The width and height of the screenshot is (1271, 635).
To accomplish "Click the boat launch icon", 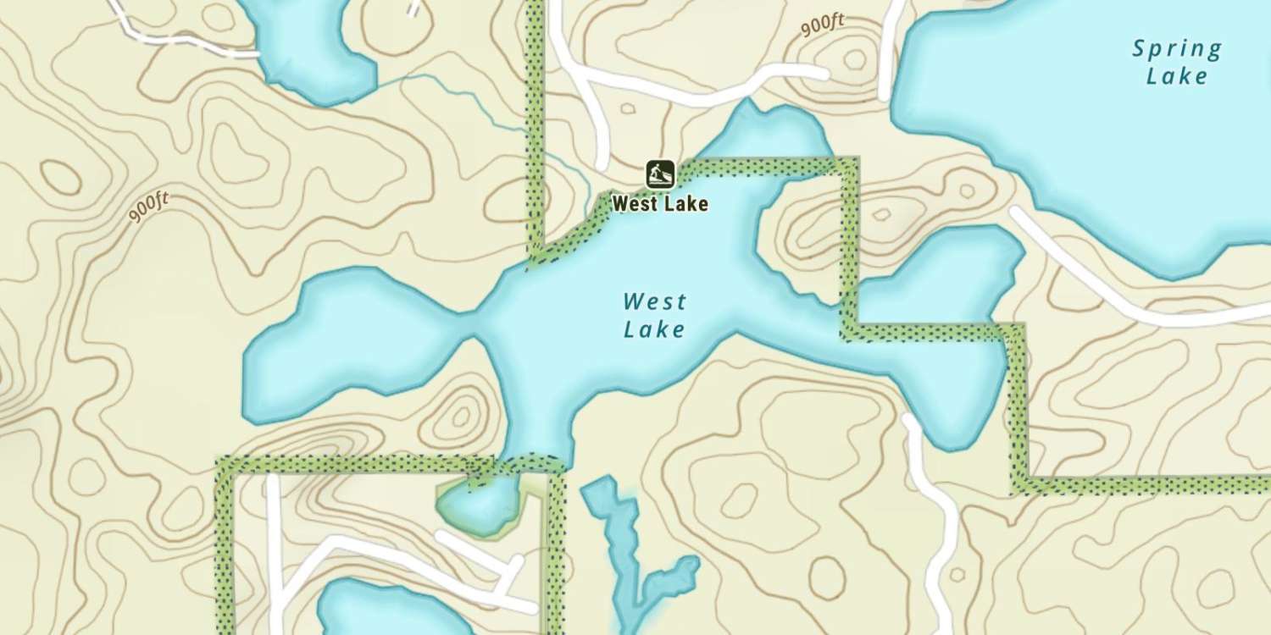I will (x=659, y=174).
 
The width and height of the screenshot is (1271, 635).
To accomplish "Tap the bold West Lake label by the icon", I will (x=659, y=204).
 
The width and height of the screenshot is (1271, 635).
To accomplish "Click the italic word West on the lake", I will (x=654, y=302).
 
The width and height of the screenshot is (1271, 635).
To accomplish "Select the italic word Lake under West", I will (x=654, y=329).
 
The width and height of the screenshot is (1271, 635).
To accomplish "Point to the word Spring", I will (x=1177, y=49).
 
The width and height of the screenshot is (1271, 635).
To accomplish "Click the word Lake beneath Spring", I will (x=1177, y=76).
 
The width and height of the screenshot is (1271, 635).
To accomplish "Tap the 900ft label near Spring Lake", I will (x=823, y=26).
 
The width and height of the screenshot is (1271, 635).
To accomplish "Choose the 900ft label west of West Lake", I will (x=149, y=207).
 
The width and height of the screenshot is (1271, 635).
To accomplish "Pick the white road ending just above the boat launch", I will (x=599, y=127).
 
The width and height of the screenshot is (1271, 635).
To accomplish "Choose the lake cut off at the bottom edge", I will (x=390, y=610).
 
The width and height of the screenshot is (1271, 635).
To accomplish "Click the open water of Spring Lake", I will (x=1102, y=144).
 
